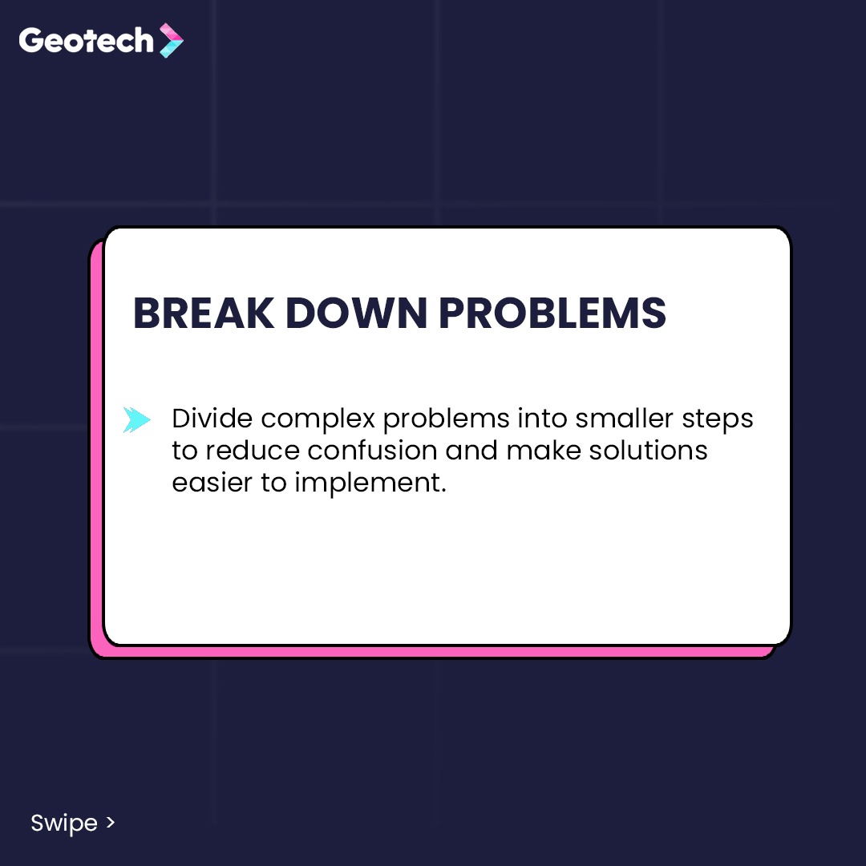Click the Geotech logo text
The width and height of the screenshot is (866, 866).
point(86,41)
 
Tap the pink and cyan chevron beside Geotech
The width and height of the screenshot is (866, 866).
point(172,40)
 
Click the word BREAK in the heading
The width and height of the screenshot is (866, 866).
point(203,314)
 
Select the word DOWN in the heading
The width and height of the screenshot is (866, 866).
point(356,314)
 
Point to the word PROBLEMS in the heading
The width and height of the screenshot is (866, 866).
point(552,314)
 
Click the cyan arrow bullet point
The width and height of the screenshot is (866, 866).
point(136,419)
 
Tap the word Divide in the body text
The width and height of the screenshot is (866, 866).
point(212,418)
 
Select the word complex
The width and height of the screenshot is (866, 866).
point(318,419)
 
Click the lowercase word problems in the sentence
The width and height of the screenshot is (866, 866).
point(447,419)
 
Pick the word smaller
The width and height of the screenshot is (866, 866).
point(624,418)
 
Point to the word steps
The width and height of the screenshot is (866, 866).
point(718,419)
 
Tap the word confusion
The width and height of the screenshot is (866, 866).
point(372,450)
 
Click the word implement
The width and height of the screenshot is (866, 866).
point(370,484)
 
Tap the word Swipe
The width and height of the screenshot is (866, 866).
point(64,824)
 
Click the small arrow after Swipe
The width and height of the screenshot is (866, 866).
point(111,823)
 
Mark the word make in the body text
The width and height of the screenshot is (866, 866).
point(544,450)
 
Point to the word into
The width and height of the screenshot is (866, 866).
point(542,418)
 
